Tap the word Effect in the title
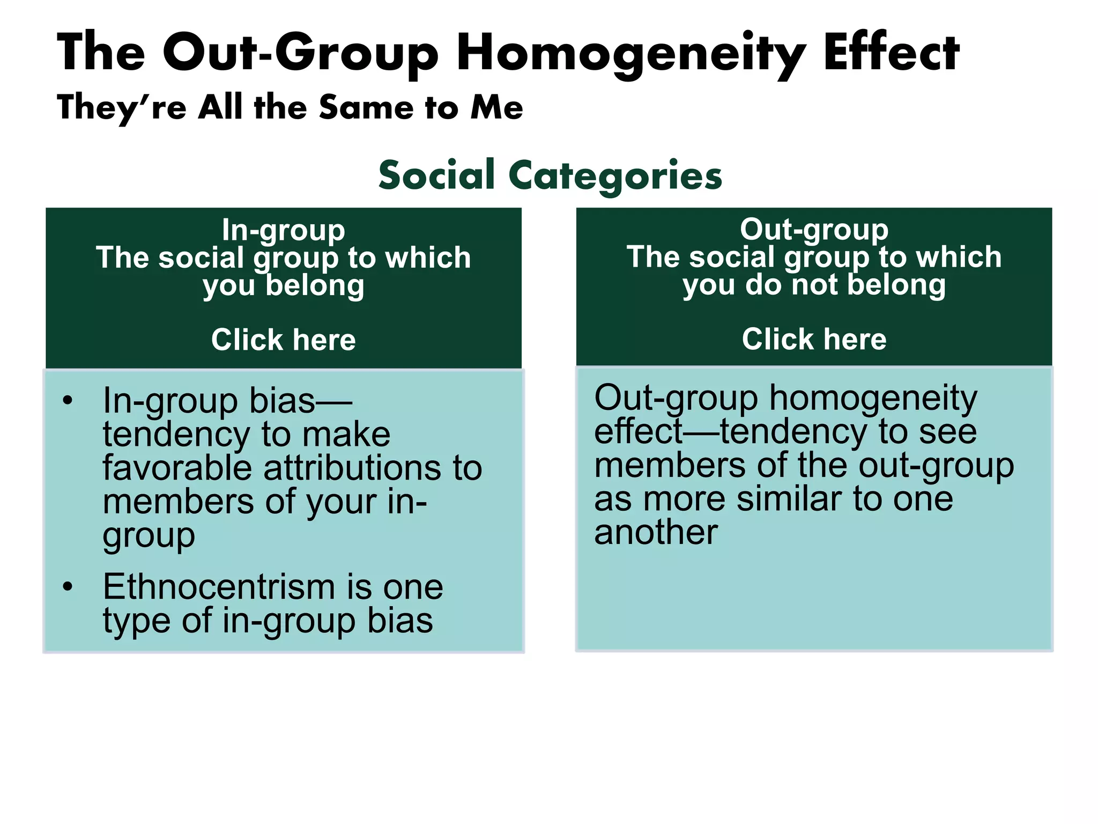(891, 53)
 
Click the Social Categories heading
(550, 175)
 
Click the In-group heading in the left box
(283, 230)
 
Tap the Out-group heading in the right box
(814, 229)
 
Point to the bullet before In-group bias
(67, 401)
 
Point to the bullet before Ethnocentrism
(67, 587)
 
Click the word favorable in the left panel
(177, 468)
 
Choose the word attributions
(352, 468)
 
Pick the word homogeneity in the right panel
(873, 398)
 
